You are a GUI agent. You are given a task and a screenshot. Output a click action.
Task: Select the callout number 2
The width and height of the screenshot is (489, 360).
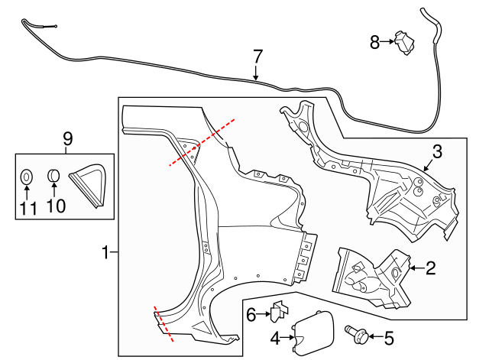pos(430,268)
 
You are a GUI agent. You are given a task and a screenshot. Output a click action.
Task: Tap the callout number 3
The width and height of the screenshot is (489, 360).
pos(437,151)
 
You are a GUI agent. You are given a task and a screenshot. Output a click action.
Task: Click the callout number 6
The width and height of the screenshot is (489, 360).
pos(251,313)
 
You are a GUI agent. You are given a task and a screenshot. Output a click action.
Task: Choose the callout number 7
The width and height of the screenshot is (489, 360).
pos(257,56)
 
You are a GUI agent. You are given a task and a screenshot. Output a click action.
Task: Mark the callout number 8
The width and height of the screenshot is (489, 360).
pos(374,42)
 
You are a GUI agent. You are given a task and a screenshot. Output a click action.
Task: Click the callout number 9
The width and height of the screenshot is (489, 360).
pos(67,138)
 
